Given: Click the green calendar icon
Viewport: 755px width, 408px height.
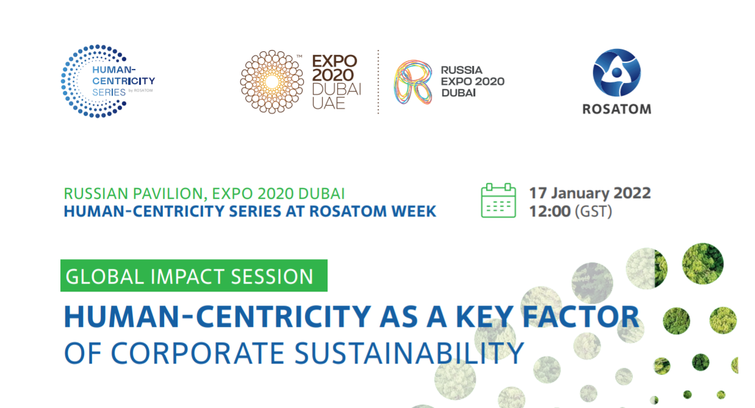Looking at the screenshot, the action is click(498, 200).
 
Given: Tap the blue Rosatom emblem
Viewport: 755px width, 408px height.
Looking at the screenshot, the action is click(617, 73).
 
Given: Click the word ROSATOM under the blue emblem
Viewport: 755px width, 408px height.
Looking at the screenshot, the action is click(617, 109).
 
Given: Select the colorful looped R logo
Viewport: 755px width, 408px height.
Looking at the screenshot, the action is click(413, 82).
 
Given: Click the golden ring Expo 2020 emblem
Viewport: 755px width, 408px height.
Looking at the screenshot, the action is click(271, 82).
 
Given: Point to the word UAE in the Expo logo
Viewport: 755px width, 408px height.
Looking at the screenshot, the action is click(329, 103).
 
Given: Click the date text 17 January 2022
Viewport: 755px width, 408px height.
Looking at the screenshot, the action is click(590, 193).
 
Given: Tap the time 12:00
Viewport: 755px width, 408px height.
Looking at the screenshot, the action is click(549, 212).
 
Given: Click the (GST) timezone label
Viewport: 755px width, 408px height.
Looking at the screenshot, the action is click(593, 212).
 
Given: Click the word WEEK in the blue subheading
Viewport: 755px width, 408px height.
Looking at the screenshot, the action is click(413, 212).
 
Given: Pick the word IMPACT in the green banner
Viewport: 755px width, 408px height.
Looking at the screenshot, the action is click(187, 276).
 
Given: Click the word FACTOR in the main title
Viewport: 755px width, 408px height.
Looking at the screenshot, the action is click(581, 317).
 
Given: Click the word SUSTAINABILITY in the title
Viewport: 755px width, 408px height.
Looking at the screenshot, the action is click(409, 353).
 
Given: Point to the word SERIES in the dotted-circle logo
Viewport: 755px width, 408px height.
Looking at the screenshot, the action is click(109, 92).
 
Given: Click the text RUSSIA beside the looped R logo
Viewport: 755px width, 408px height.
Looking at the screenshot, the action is click(462, 70).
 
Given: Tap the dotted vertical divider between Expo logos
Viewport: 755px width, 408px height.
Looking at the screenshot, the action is click(378, 82).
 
